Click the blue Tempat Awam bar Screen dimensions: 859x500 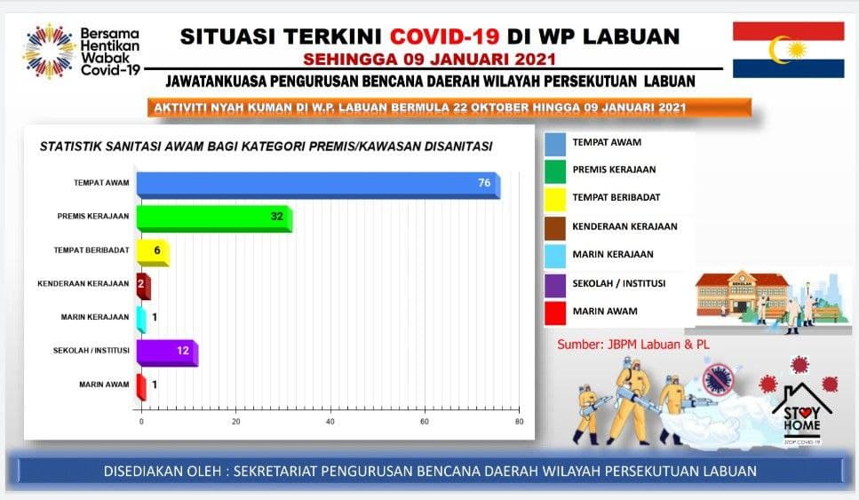tap(318, 185)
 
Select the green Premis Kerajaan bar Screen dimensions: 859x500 tap(214, 218)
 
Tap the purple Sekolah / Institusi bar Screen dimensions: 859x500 tap(167, 353)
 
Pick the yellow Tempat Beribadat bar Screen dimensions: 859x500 tap(153, 252)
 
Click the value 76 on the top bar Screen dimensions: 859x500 tap(484, 183)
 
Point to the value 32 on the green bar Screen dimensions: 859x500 tap(276, 217)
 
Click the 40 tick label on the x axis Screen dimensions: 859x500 tap(330, 421)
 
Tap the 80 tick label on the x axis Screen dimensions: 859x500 tap(519, 421)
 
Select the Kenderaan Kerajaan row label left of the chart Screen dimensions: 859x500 tap(84, 283)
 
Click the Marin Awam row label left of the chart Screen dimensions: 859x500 tap(104, 385)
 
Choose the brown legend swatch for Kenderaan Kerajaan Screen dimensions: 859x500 tap(555, 228)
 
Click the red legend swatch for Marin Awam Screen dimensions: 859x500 tap(555, 313)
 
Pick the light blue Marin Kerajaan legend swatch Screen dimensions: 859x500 tap(555, 257)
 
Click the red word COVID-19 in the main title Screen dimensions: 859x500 tap(444, 36)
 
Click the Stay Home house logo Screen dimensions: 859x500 tap(801, 414)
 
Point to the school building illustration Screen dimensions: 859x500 tap(742, 294)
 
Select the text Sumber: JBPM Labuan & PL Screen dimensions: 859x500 tap(632, 345)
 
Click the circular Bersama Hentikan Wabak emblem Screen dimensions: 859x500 tap(49, 52)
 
